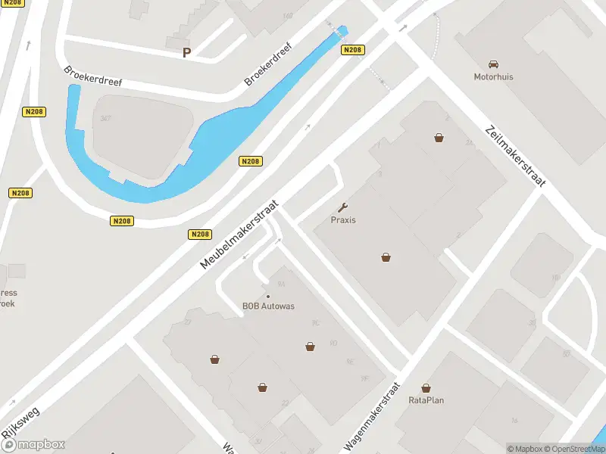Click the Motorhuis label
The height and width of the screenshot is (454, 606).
click(493, 76)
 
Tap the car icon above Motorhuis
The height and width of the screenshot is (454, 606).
click(494, 64)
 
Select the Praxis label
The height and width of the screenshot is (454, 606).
click(343, 220)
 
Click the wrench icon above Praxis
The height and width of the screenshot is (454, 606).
click(343, 207)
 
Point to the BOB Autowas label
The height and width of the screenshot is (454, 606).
click(268, 306)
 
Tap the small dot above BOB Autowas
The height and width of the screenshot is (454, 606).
click(267, 296)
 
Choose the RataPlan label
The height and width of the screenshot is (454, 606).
click(426, 400)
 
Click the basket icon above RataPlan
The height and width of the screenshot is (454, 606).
click(426, 387)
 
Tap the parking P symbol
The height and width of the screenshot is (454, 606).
click(186, 52)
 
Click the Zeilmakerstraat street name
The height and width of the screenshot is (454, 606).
click(516, 157)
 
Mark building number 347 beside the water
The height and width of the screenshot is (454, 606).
click(105, 118)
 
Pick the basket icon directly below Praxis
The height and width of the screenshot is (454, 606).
click(386, 257)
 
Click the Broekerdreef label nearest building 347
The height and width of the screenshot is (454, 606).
click(92, 76)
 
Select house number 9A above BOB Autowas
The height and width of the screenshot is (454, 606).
click(281, 285)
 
